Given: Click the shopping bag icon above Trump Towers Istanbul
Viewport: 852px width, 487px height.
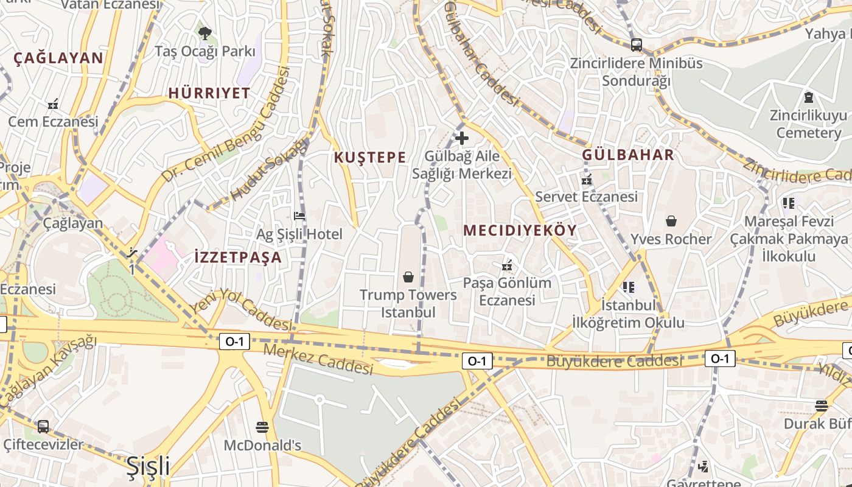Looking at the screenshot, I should coord(408,277).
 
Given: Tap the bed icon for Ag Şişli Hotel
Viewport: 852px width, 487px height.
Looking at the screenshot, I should coord(299,215).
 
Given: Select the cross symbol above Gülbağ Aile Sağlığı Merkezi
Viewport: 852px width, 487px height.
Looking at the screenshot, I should coord(462,138).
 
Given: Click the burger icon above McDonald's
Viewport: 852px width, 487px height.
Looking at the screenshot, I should coord(262,427).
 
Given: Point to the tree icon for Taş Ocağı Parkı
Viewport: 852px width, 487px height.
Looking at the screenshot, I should coord(204,33).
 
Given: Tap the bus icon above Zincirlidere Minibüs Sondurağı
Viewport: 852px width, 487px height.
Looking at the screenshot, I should coord(636,44).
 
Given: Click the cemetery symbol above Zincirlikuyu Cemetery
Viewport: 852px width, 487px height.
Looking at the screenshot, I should coord(809,97).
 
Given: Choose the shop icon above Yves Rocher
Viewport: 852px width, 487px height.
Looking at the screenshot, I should coord(671,221).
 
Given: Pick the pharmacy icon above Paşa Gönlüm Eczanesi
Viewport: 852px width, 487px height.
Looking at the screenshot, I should coord(506,265).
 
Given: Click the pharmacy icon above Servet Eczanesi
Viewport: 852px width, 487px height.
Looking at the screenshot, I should coord(587,179).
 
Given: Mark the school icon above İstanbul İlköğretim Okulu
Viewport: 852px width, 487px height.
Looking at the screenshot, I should coord(628,287).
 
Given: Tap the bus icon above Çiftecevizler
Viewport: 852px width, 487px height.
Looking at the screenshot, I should coord(43,426).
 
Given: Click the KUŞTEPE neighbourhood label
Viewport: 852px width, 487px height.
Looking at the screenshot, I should coord(369,157).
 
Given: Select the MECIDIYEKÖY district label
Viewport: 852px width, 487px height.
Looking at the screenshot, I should coord(520,230).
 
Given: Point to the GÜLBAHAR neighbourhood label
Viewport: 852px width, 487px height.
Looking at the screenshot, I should coord(628,155).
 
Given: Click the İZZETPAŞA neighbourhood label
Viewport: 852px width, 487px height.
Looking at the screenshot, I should coord(238,257).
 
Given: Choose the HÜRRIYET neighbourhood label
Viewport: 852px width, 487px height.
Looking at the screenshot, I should coord(209,93).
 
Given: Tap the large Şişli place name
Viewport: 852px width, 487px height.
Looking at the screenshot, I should coord(148,466).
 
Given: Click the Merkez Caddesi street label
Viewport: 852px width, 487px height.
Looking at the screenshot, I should coord(318,359).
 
